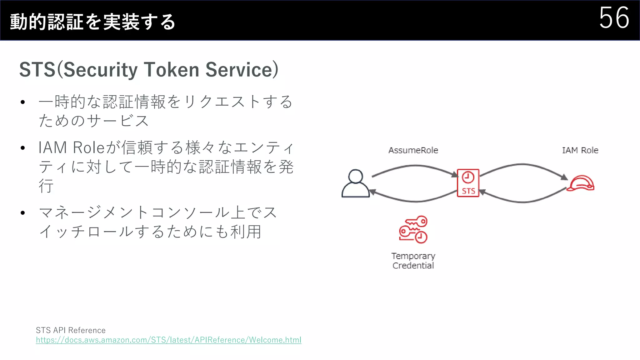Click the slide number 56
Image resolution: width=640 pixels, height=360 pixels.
pyautogui.click(x=614, y=18)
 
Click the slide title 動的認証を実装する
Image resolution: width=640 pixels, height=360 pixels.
pyautogui.click(x=92, y=22)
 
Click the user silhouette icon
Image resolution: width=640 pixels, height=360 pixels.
pyautogui.click(x=356, y=183)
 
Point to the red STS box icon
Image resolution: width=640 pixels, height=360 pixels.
pyautogui.click(x=468, y=183)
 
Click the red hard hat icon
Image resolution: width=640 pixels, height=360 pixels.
pyautogui.click(x=581, y=183)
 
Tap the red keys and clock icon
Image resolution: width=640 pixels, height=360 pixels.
pyautogui.click(x=413, y=229)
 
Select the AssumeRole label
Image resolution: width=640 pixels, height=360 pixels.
pyautogui.click(x=413, y=150)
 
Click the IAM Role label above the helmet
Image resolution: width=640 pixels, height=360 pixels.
pyautogui.click(x=580, y=150)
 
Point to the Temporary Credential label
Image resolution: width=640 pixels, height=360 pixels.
pyautogui.click(x=413, y=261)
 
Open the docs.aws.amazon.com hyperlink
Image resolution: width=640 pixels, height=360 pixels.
pyautogui.click(x=168, y=340)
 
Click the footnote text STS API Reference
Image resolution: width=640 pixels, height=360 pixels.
pyautogui.click(x=71, y=330)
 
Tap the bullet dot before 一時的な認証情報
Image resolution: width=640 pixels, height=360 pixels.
pyautogui.click(x=22, y=102)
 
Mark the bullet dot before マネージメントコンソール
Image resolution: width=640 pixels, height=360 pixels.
pyautogui.click(x=22, y=213)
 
